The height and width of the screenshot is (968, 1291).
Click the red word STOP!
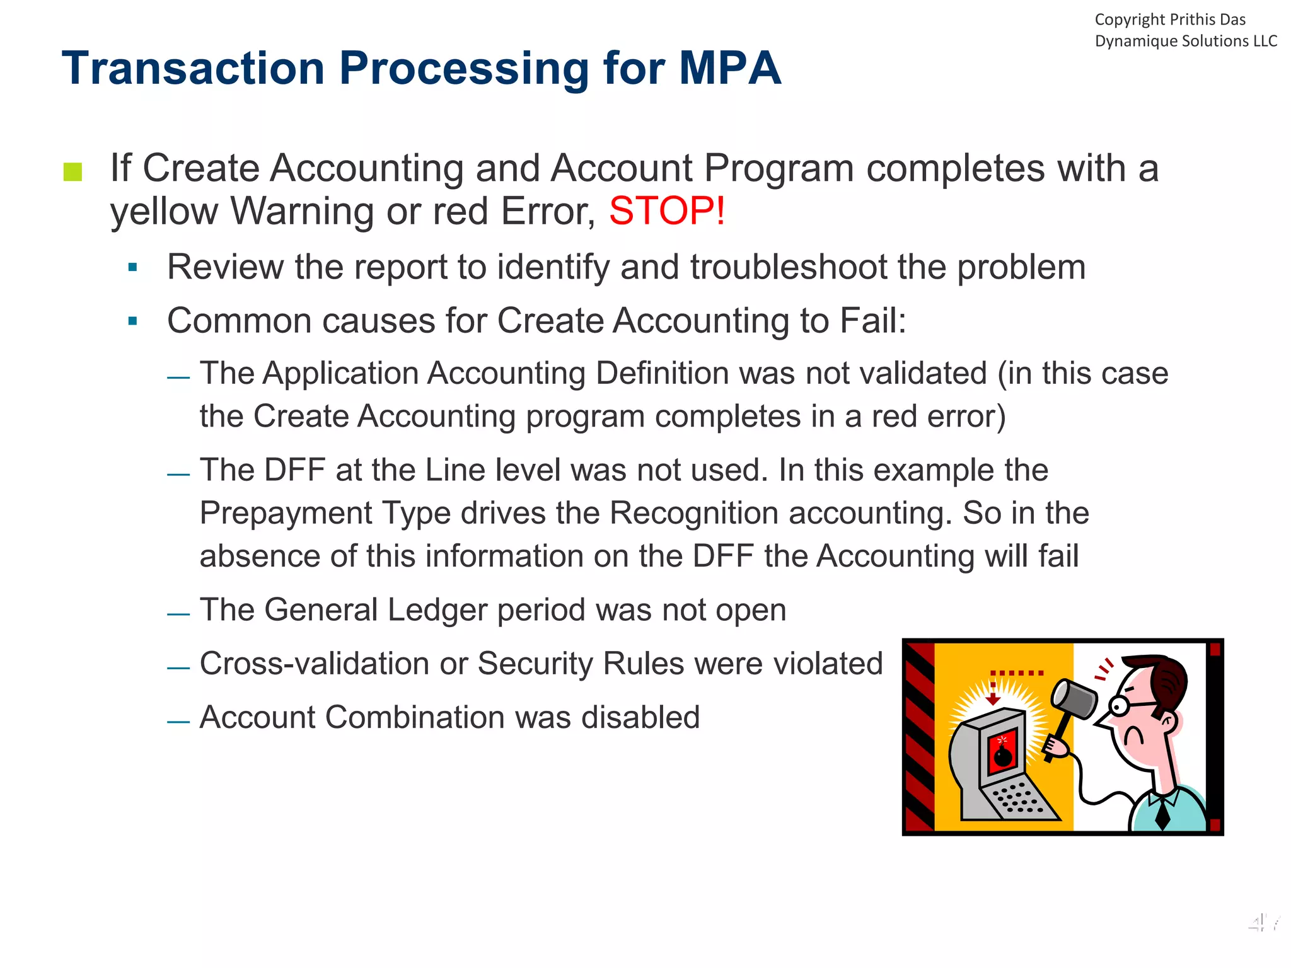[667, 211]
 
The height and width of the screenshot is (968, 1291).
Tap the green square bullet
[73, 171]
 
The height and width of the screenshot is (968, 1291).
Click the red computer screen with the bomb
[1001, 753]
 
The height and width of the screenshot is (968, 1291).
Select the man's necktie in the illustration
[1162, 813]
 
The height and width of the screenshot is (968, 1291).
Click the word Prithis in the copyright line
[1192, 20]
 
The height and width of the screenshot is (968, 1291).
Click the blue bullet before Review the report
[132, 267]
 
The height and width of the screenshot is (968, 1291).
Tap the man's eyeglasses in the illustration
[1128, 704]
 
